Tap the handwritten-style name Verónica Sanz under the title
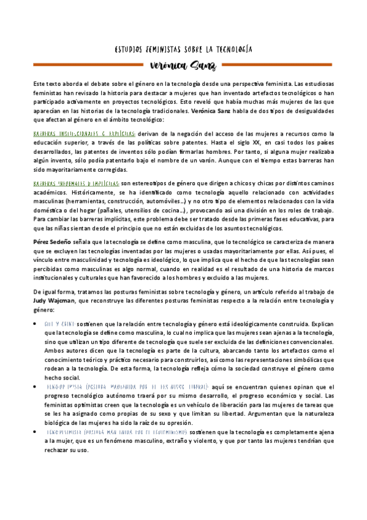[x=183, y=66]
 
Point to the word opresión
[x=180, y=422]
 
